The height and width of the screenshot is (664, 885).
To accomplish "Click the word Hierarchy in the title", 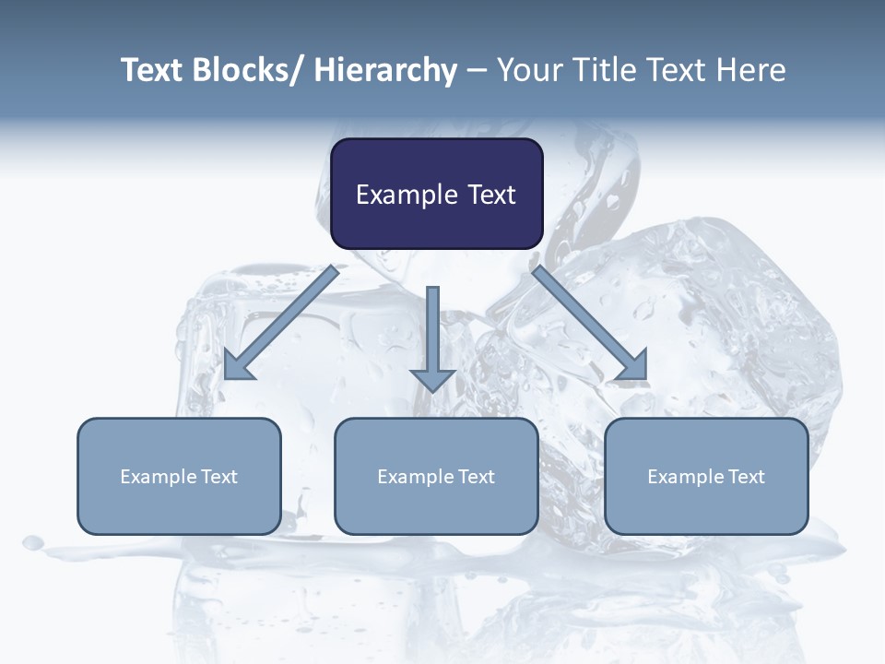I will (x=385, y=71).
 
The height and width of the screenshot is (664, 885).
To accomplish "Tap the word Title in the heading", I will (x=608, y=71).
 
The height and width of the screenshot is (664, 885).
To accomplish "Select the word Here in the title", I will (x=751, y=71).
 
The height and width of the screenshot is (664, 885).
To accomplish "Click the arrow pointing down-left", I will (x=281, y=323).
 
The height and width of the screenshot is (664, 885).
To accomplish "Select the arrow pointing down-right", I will (x=590, y=323).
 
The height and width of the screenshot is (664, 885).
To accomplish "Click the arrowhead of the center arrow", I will (x=432, y=379).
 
